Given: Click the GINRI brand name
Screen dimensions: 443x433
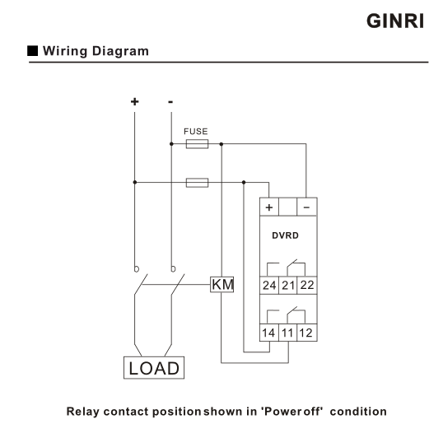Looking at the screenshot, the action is click(395, 21).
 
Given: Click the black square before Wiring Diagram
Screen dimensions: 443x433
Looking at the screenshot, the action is click(32, 50).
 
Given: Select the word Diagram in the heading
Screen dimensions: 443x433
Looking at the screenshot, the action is click(120, 51).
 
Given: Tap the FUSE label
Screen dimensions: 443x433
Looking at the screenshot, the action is click(195, 132).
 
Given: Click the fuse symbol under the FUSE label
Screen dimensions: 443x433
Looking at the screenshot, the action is click(197, 144).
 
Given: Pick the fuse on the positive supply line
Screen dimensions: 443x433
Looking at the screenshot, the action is click(197, 183).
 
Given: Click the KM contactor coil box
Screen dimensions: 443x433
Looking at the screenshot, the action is click(222, 285).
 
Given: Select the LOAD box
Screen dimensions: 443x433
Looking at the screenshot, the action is click(154, 368).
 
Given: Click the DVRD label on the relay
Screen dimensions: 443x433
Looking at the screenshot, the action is click(285, 235).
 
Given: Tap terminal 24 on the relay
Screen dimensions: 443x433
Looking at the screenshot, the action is click(269, 286).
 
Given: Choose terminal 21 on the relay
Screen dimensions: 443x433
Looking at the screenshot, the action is click(288, 286).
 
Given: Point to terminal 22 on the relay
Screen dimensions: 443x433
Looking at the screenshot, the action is click(307, 286).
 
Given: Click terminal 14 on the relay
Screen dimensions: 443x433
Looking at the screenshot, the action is click(269, 333).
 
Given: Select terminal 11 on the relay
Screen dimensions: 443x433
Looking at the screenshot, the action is click(288, 333).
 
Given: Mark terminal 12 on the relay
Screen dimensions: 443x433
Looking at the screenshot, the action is click(307, 333).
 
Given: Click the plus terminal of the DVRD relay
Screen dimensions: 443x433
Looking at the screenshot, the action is click(269, 207).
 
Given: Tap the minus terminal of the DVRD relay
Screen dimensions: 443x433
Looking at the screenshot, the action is click(307, 207).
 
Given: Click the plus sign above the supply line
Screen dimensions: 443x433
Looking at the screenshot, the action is click(135, 101).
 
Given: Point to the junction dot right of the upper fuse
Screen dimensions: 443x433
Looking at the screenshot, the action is click(221, 144).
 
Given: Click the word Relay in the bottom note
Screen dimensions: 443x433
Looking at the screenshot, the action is click(83, 412).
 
